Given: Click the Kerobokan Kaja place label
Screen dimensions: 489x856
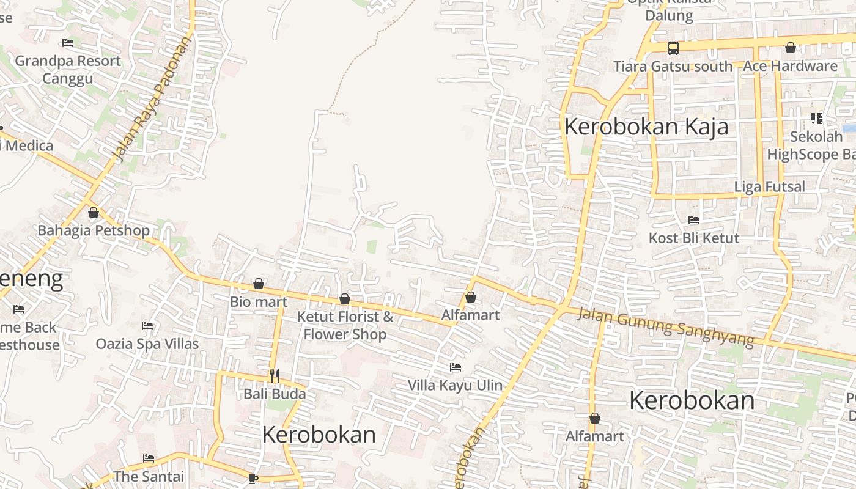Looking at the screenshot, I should click(646, 127).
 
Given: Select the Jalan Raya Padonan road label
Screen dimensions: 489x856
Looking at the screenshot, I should click(153, 98).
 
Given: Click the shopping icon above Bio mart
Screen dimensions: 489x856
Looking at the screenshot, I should click(259, 284).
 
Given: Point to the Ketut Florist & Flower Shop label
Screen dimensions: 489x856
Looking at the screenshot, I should click(345, 325).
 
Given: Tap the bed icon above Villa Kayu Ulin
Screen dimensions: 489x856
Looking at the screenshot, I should click(456, 367).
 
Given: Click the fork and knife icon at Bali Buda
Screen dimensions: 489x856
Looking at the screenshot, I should click(275, 375).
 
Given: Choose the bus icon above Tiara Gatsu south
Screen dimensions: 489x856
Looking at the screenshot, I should click(673, 48).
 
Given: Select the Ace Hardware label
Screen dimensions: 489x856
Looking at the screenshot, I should click(790, 66).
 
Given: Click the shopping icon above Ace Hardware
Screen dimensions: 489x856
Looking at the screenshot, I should click(791, 48).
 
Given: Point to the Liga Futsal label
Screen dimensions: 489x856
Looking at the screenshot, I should click(769, 187).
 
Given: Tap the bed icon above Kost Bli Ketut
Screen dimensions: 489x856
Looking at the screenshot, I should click(694, 220).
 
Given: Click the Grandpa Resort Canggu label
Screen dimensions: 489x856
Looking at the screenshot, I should click(68, 70).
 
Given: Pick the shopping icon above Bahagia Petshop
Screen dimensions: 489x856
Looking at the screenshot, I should click(94, 213).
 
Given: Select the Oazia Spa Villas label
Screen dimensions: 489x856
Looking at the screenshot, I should click(147, 344).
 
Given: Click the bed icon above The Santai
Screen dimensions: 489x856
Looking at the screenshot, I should click(149, 458).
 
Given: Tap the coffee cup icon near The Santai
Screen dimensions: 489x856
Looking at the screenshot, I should click(253, 478).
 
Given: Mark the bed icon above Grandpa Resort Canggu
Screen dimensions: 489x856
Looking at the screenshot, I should click(68, 43).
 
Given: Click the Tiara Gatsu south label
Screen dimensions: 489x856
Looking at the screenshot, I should click(673, 66).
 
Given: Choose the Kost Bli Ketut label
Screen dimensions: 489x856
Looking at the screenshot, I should click(694, 238).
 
